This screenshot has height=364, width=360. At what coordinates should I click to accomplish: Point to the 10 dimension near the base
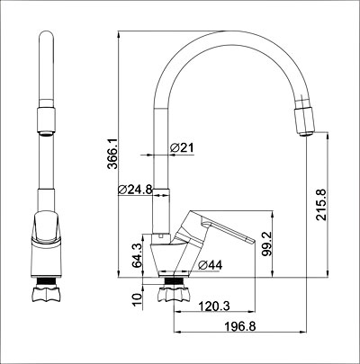pos(137,297)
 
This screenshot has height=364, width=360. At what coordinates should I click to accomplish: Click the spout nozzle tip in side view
pos(304,120)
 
